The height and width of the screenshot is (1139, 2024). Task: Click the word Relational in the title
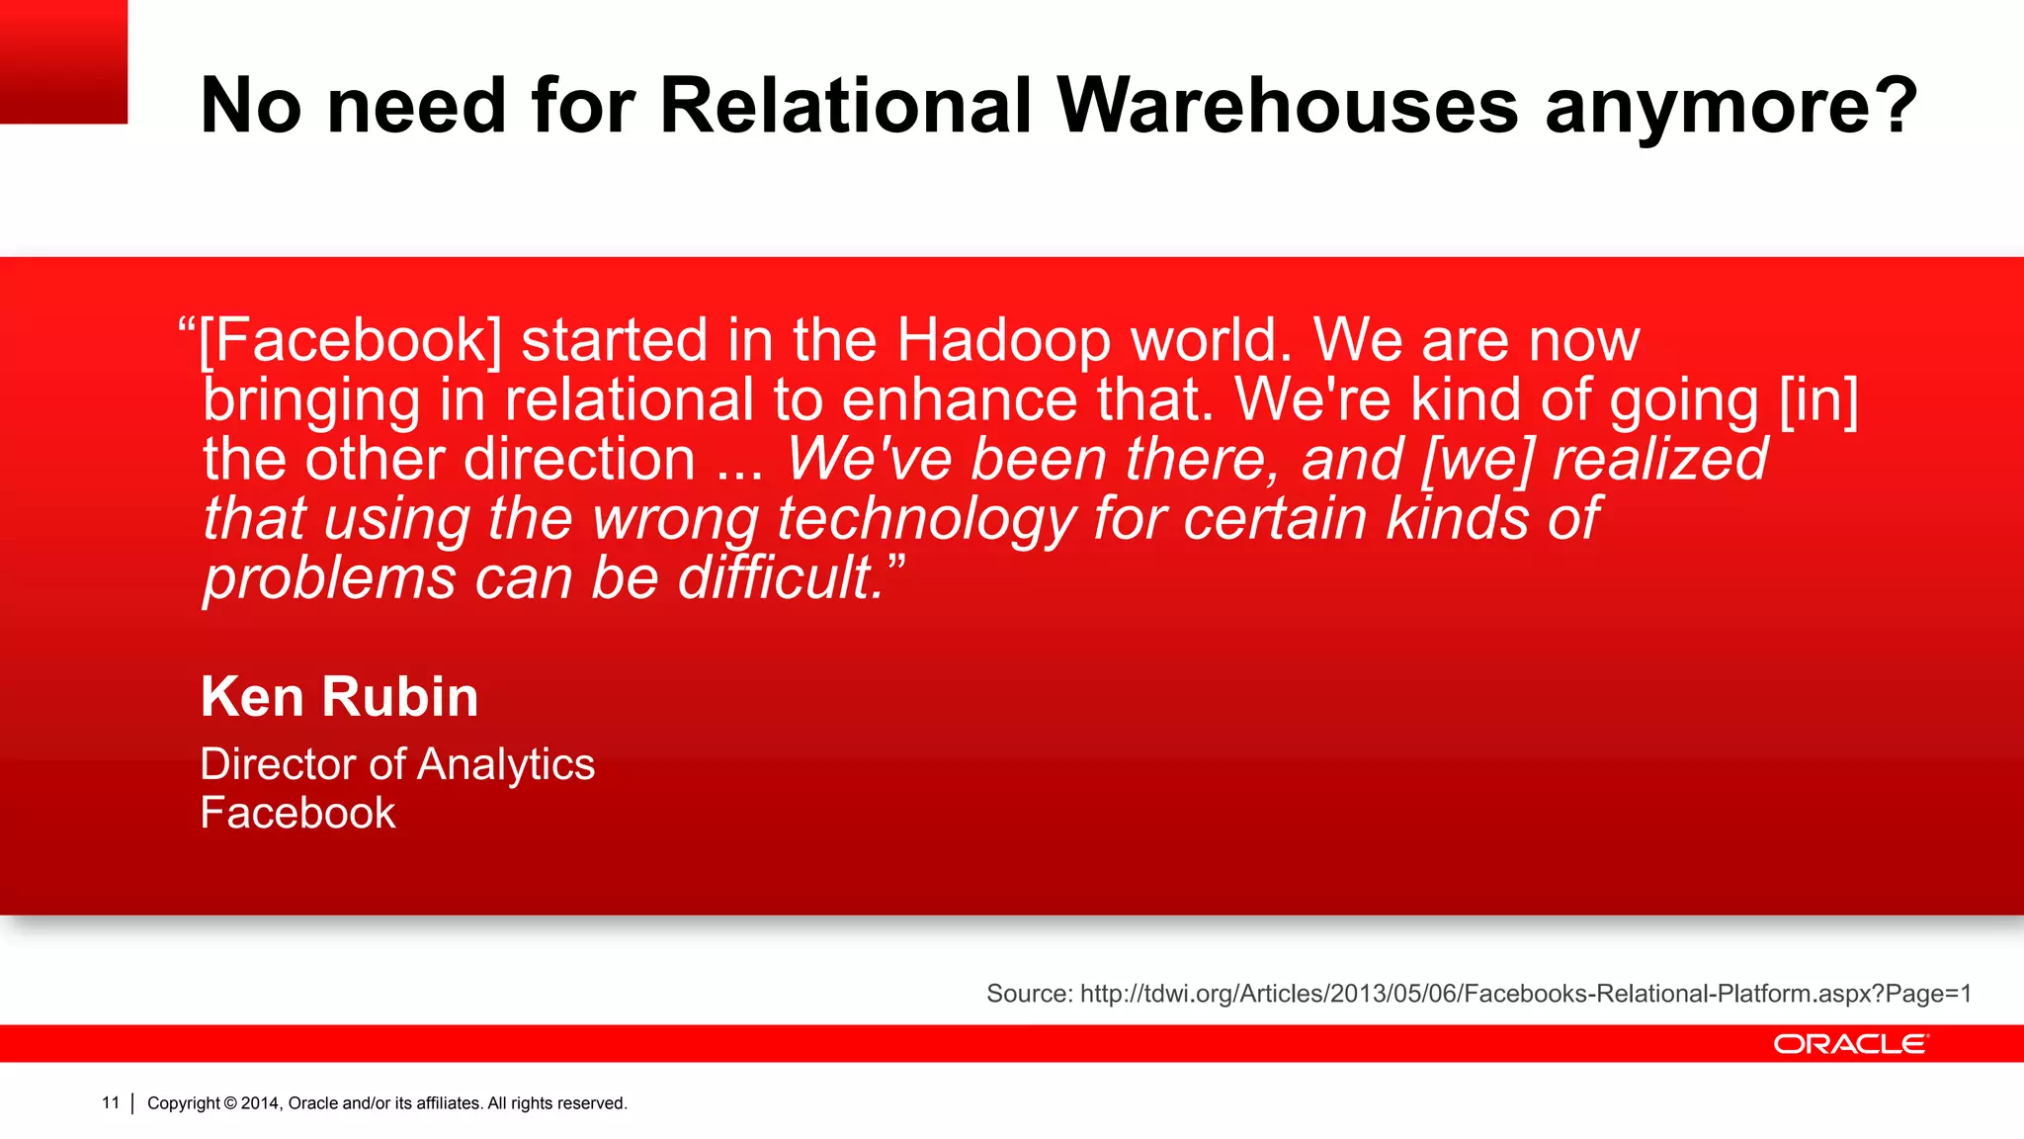(845, 106)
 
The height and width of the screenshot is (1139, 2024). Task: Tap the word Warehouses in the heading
(1287, 106)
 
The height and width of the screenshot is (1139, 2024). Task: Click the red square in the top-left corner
(63, 61)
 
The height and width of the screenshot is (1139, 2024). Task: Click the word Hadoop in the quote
(1004, 341)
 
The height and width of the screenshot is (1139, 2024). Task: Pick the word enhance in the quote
(959, 400)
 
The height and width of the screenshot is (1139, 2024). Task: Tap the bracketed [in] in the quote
(1818, 400)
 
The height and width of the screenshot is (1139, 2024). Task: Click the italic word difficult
(781, 578)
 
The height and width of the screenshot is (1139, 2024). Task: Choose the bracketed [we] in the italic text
(1477, 460)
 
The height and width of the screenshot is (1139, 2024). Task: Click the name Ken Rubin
(339, 697)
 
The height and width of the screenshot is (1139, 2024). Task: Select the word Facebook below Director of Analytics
(297, 813)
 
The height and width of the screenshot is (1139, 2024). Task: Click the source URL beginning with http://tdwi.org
(1525, 994)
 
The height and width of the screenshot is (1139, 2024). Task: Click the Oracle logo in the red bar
(1850, 1044)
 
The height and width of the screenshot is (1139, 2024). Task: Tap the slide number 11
(111, 1102)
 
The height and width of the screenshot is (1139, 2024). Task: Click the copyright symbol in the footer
(230, 1103)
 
